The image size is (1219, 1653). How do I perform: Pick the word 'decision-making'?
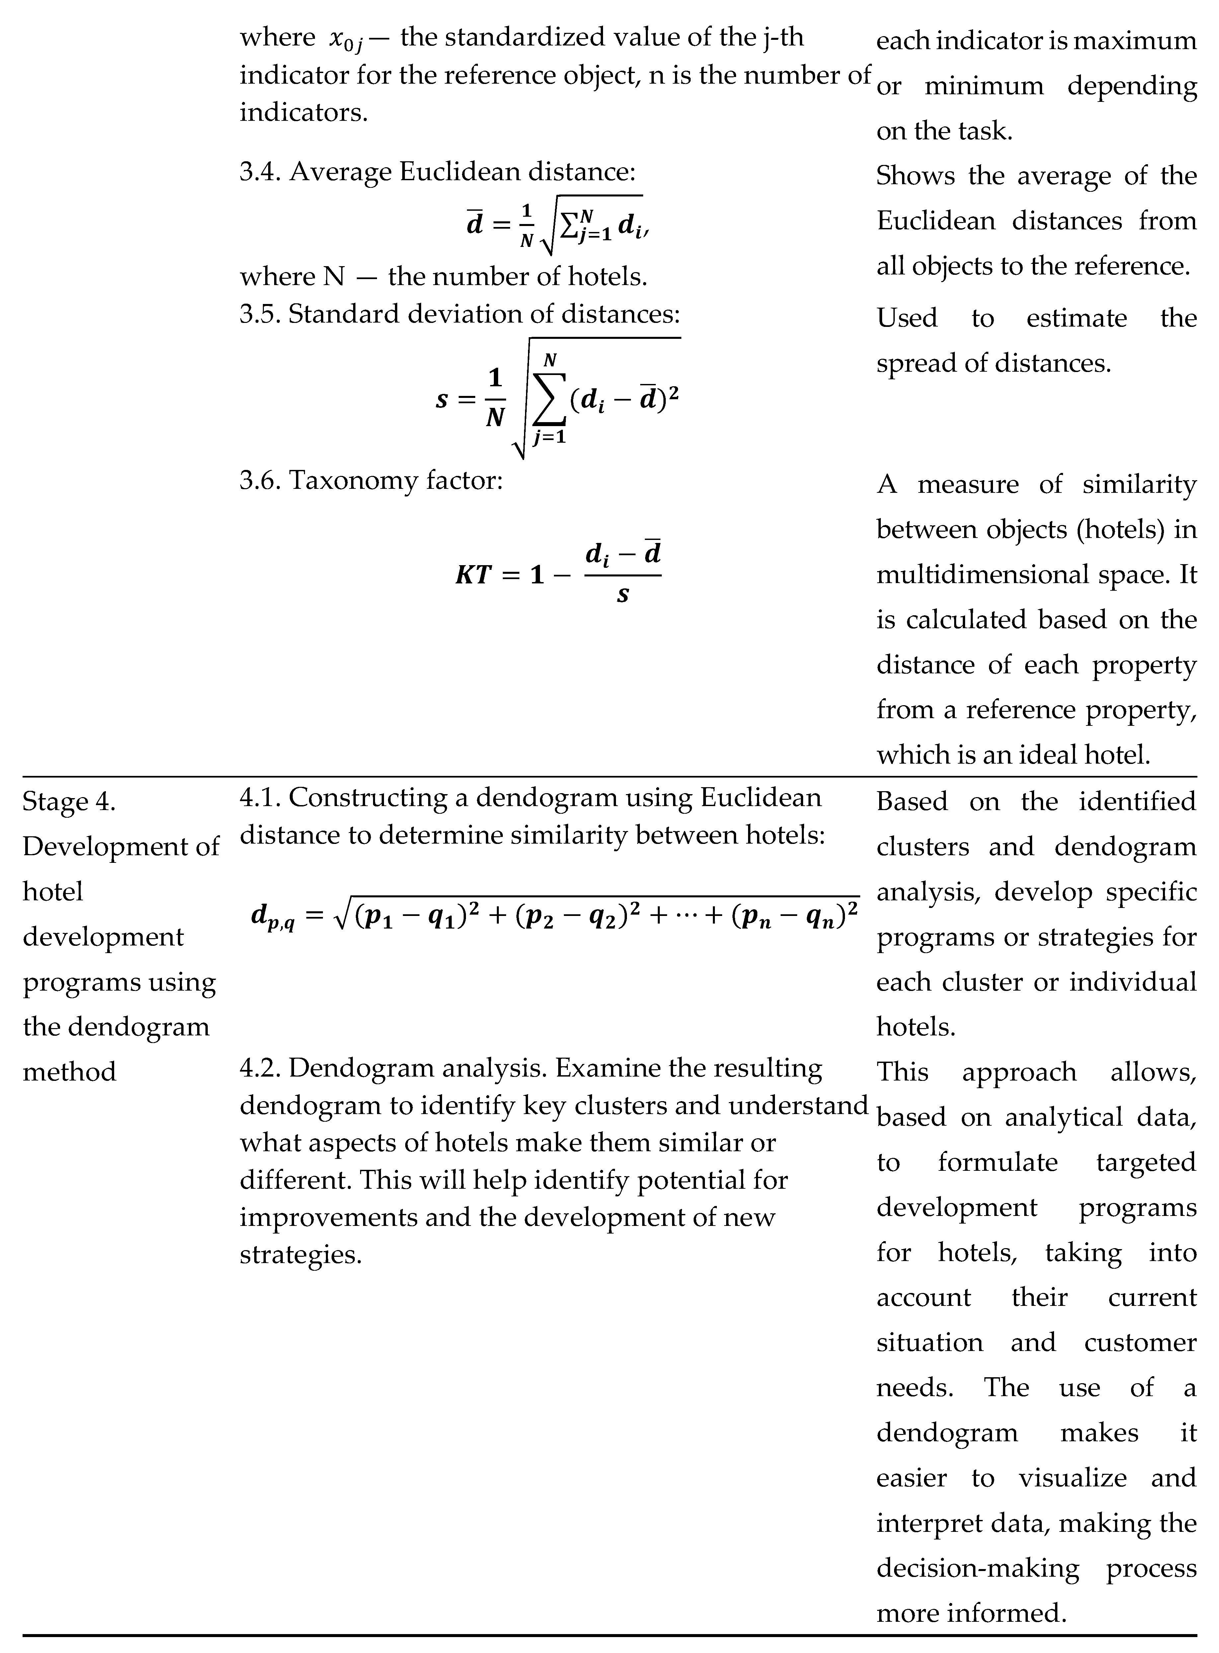978,1568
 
